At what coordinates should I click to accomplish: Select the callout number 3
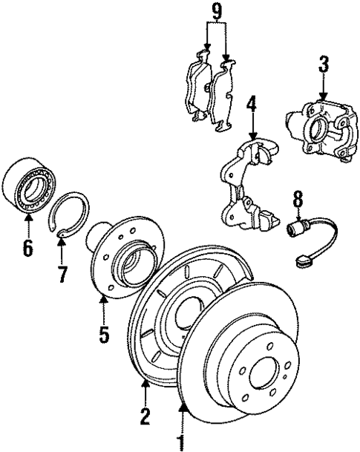(x=323, y=65)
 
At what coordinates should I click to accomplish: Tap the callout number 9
(x=216, y=12)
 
